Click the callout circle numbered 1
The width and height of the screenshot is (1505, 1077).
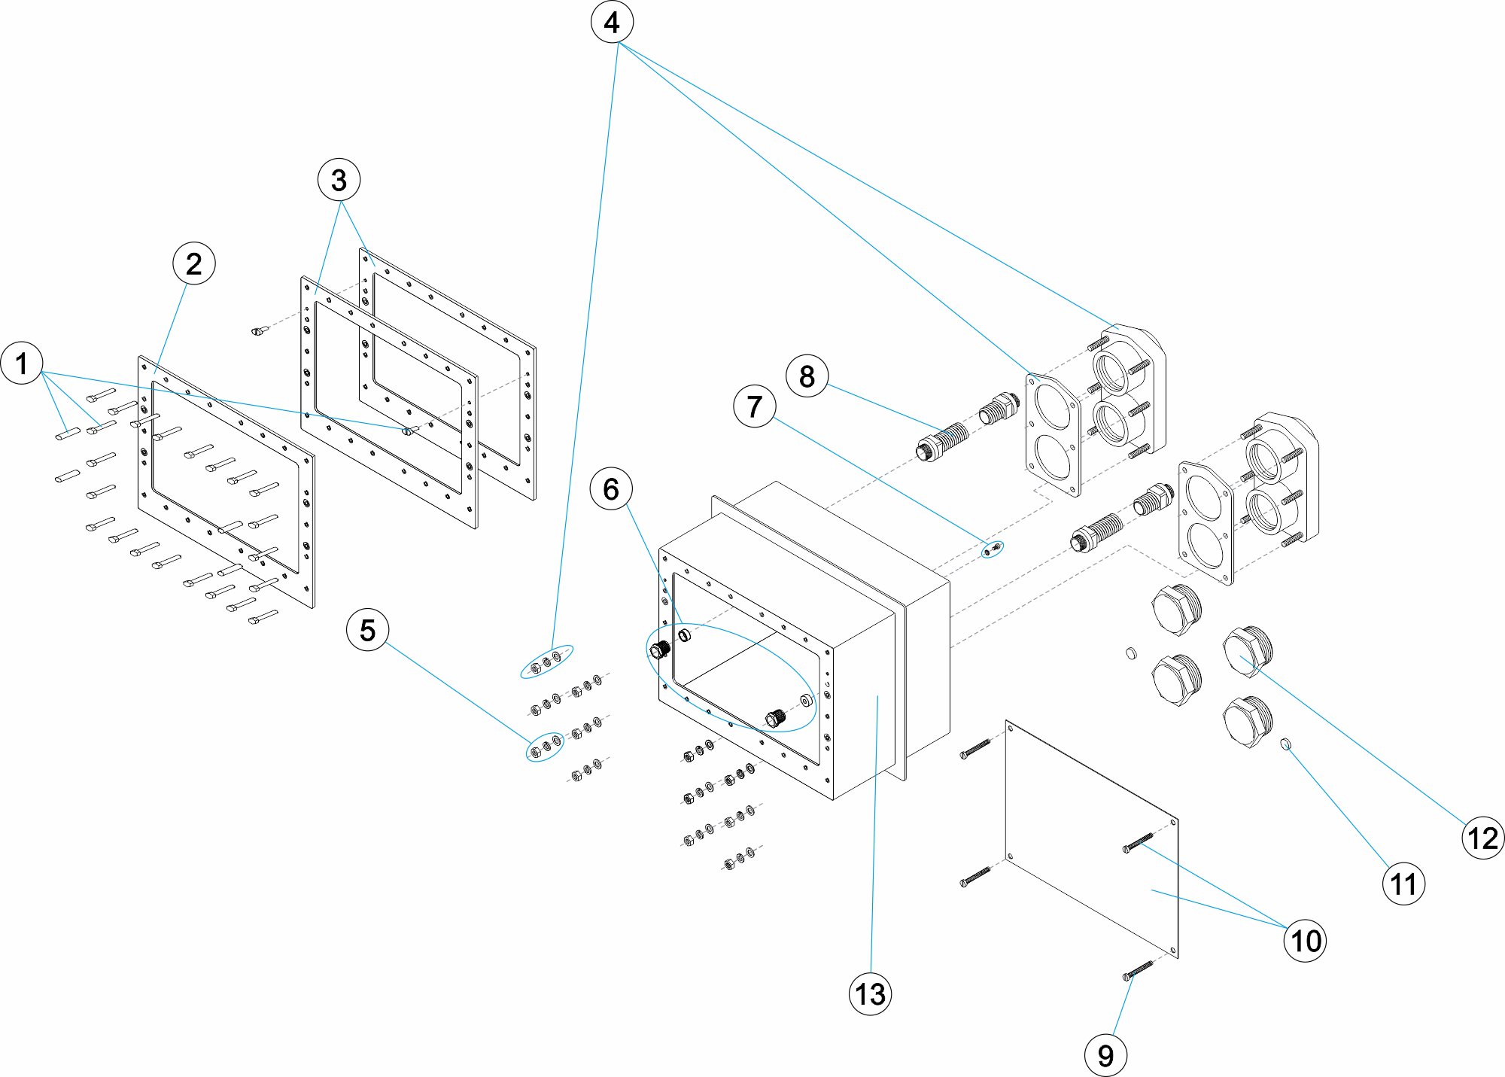22,364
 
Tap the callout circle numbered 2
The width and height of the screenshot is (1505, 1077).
193,263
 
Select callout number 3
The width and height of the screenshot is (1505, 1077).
339,180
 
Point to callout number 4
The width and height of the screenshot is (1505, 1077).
612,22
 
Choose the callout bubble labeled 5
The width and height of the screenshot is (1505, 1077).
367,630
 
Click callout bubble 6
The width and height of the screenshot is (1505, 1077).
611,489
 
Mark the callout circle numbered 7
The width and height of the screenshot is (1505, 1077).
754,406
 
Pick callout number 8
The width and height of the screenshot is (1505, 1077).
807,376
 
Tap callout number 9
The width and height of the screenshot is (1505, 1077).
1105,1055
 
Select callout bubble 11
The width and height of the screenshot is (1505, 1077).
1403,884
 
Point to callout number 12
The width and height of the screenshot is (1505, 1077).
1483,838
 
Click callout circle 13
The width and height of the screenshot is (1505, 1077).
870,994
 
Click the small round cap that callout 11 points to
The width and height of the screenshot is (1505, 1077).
1286,745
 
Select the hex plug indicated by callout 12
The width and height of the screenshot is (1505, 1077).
1247,653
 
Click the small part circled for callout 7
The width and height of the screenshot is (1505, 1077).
992,549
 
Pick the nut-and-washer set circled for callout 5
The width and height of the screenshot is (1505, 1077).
545,747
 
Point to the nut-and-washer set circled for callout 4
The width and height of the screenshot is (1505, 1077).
546,662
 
